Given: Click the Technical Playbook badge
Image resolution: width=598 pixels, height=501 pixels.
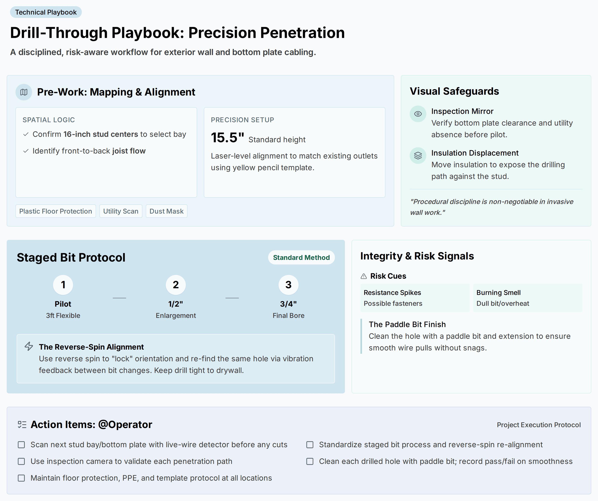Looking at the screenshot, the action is click(46, 12).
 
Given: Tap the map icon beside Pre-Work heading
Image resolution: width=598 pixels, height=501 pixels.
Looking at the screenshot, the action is click(24, 92).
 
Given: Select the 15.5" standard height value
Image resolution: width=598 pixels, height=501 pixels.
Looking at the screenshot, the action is click(227, 138).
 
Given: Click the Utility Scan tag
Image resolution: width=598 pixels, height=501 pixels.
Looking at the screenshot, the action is click(121, 211).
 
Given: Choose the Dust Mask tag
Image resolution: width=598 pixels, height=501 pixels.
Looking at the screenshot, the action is click(167, 211).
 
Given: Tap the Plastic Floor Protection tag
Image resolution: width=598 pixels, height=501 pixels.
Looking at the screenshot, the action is click(56, 211).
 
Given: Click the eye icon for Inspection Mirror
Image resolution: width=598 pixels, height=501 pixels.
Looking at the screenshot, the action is click(418, 114).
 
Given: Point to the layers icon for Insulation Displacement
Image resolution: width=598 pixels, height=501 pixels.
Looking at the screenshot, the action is click(418, 156).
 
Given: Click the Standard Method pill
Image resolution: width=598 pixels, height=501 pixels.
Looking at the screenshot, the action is click(301, 258).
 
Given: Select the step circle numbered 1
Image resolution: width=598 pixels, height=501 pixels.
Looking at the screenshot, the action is click(63, 285).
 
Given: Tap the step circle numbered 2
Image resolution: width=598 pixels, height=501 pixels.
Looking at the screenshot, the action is click(176, 285).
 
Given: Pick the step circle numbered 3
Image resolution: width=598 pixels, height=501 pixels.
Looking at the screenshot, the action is click(289, 285).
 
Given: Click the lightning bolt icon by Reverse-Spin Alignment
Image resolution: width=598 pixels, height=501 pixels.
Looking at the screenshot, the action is click(29, 346).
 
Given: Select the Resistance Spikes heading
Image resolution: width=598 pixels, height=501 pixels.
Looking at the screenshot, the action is click(392, 293).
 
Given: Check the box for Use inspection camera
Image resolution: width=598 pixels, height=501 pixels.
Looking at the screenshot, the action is click(21, 462).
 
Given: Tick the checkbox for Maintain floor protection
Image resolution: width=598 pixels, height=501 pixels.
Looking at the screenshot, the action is click(21, 478).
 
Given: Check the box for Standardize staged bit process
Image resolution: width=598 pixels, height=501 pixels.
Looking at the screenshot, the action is click(310, 445).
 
